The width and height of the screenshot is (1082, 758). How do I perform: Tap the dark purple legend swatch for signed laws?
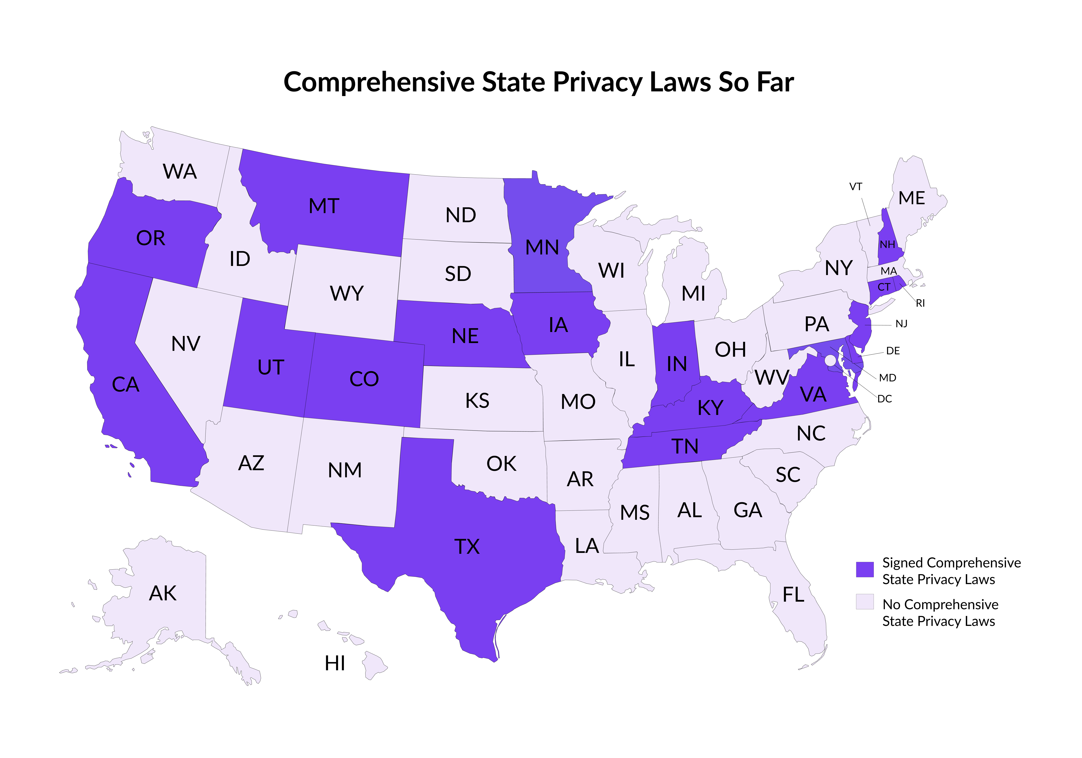864,569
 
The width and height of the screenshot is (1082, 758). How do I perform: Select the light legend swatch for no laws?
864,601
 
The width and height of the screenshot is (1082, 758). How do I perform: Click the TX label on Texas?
467,546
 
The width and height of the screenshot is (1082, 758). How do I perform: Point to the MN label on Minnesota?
542,247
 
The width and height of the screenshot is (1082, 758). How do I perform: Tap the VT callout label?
855,187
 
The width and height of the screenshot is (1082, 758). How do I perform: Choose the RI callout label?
920,303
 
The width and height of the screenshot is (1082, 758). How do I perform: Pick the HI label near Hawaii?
335,663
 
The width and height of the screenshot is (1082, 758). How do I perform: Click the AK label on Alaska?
163,593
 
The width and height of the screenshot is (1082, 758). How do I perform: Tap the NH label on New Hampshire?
887,244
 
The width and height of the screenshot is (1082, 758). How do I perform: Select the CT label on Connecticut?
884,287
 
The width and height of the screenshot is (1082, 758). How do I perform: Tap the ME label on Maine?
911,198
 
